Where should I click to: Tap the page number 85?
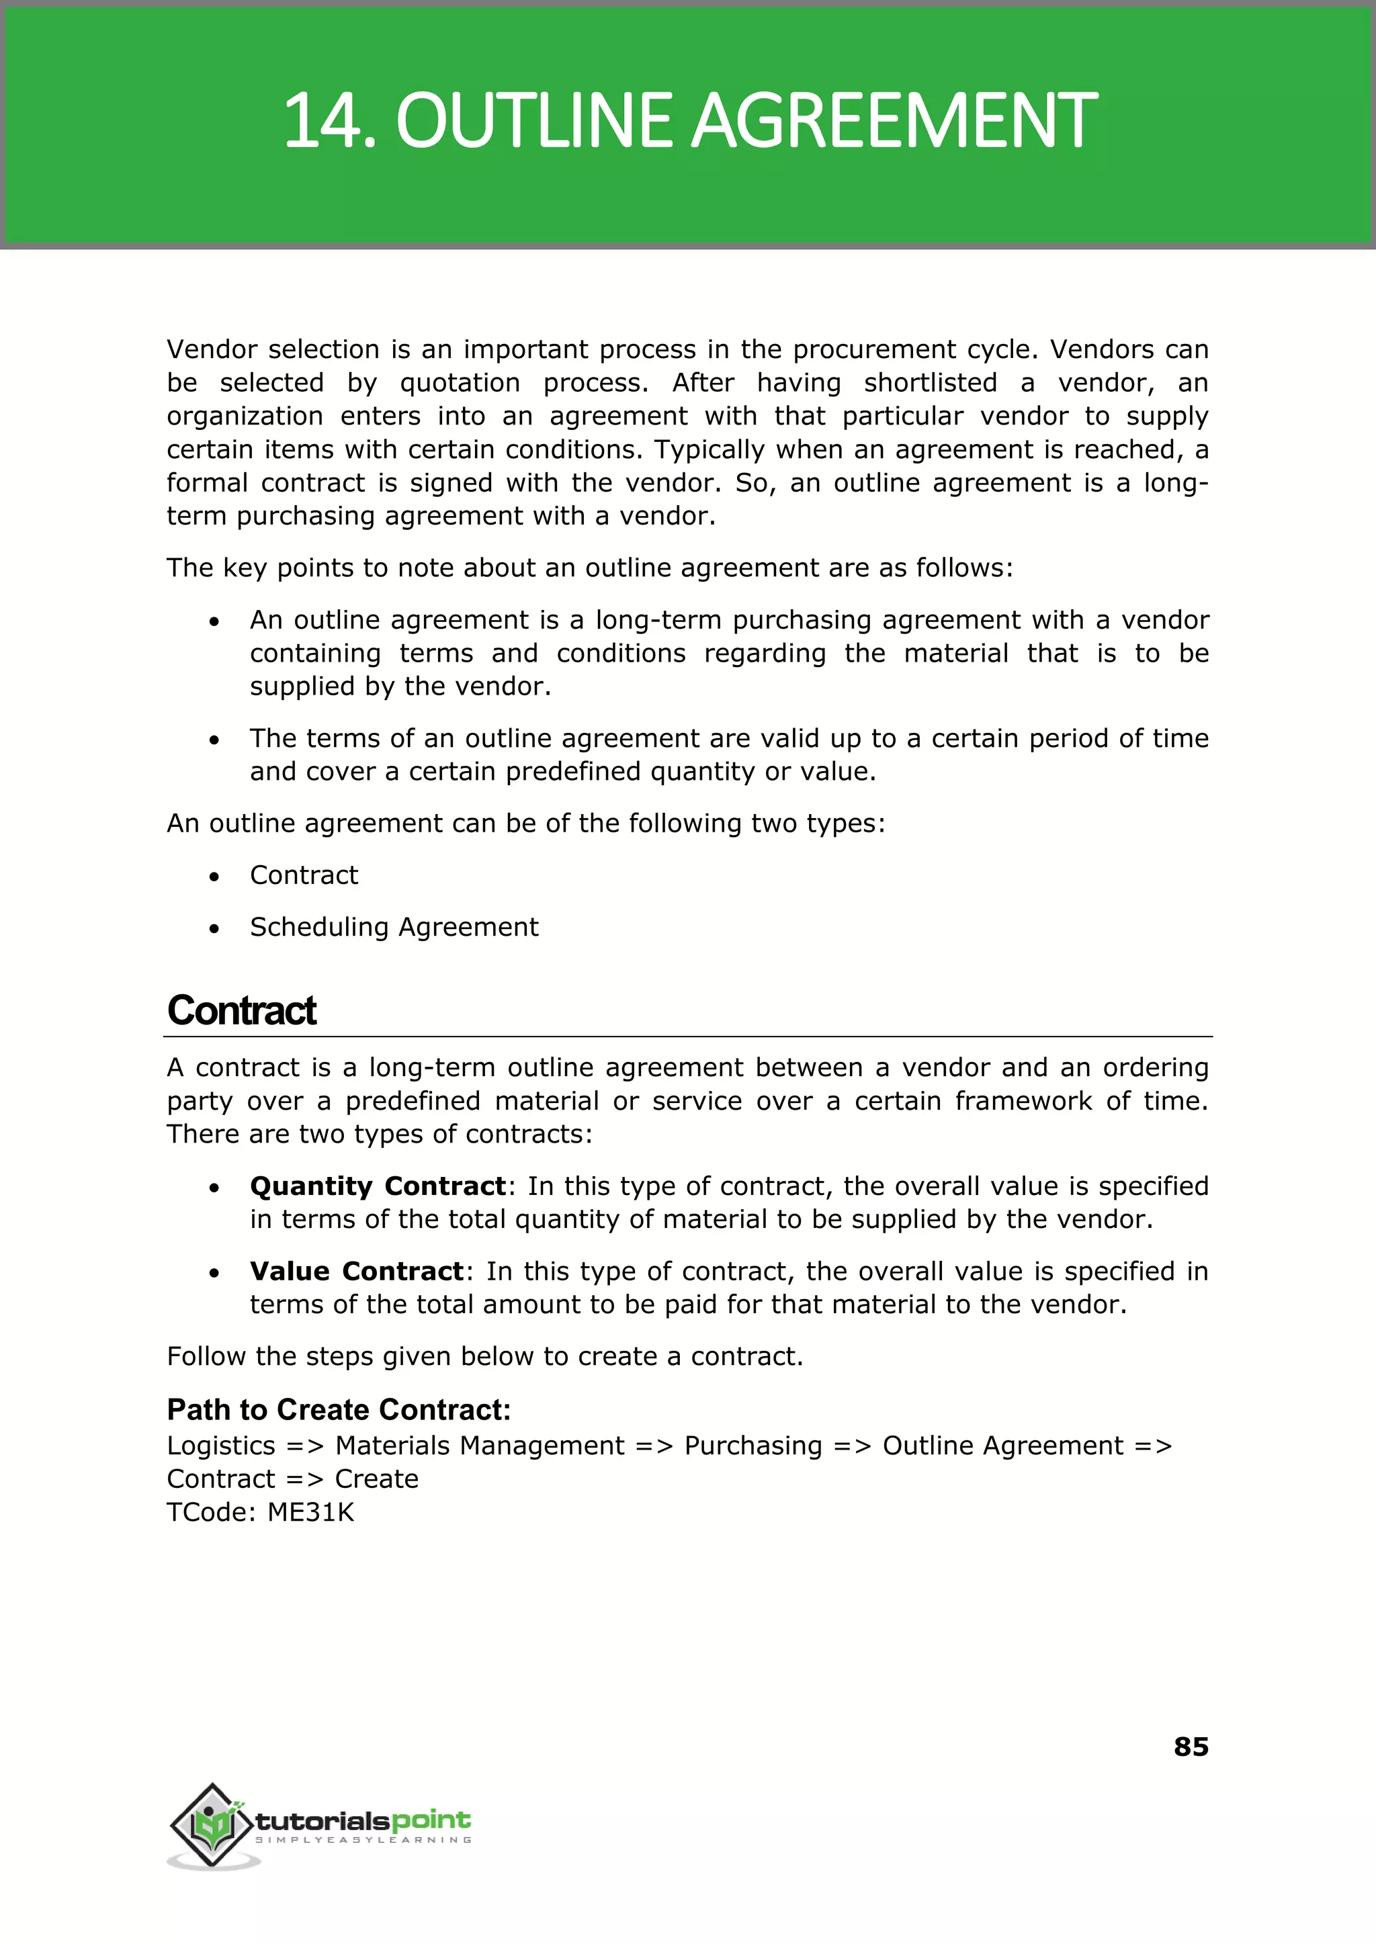click(1191, 1747)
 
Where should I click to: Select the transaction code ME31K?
click(311, 1512)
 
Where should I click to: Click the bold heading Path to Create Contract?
click(339, 1409)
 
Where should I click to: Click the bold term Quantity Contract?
click(378, 1186)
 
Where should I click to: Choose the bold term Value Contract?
click(357, 1272)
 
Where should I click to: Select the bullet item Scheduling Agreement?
click(394, 927)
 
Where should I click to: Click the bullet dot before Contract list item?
click(214, 877)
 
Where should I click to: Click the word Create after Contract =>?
click(376, 1479)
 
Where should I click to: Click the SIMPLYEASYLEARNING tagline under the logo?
click(363, 1840)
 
